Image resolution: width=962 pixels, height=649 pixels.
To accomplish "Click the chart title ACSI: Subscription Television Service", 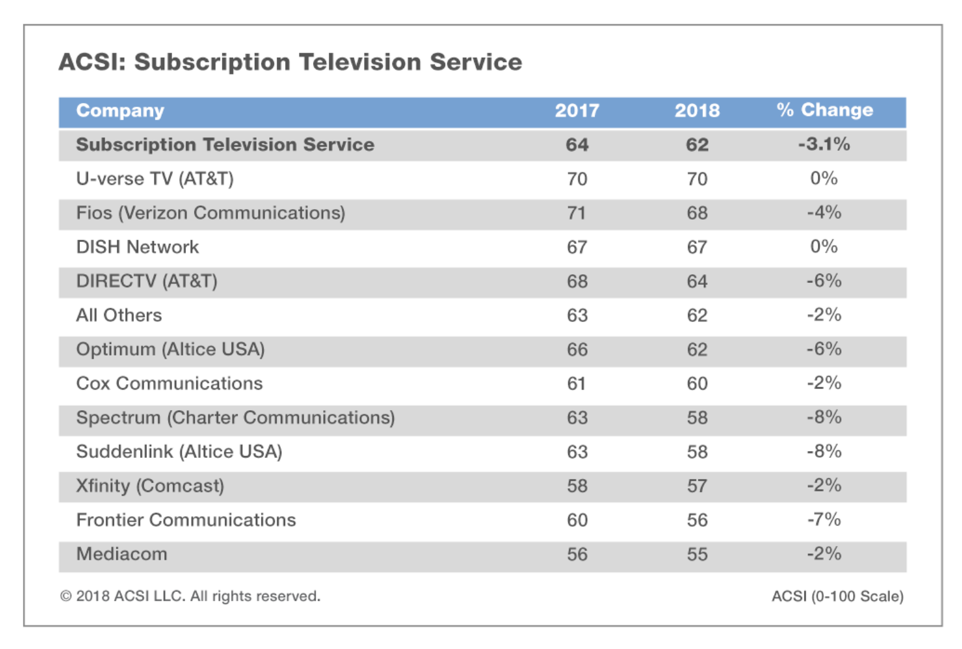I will [290, 62].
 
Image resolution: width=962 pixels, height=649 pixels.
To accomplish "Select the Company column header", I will [120, 110].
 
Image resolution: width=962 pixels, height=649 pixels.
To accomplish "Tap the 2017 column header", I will [576, 110].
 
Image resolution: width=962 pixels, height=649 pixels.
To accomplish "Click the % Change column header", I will [824, 110].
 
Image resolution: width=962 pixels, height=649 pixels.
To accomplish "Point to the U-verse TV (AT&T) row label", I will [154, 179].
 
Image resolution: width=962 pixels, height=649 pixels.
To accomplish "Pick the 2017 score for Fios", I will [576, 213].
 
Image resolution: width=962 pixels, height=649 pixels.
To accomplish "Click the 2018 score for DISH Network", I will [697, 247].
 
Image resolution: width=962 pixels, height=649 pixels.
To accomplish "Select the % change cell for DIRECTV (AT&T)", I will [824, 281].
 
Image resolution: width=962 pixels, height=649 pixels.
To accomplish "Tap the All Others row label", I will [118, 315].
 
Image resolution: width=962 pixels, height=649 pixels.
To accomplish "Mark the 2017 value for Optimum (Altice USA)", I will [576, 349].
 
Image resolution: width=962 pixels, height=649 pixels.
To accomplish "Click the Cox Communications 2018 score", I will [697, 383].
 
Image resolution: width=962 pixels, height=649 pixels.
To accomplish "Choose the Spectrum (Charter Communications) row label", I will [235, 418].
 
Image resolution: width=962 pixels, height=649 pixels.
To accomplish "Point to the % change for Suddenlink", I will [824, 451].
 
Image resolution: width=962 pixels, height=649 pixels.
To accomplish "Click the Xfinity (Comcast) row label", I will [150, 485].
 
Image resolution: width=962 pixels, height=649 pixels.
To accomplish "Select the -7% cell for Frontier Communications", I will [824, 519].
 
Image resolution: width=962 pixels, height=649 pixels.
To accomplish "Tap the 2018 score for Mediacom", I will [697, 554].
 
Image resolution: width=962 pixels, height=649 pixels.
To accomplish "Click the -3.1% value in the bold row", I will [824, 144].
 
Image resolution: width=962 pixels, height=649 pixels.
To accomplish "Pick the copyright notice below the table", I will [190, 596].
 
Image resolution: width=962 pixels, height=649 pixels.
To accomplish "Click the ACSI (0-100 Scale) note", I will [837, 596].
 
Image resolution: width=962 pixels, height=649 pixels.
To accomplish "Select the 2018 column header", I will [697, 110].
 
